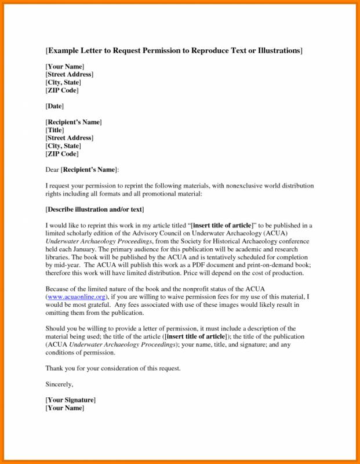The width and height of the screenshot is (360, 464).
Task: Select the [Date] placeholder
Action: pos(54,106)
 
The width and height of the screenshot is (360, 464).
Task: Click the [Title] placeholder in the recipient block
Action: pos(55,130)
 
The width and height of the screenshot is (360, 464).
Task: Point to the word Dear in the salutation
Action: pos(52,170)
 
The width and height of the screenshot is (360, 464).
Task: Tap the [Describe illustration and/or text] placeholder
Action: pos(94,209)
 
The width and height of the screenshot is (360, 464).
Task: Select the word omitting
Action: pos(59,313)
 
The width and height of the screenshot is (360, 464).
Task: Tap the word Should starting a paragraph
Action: pos(56,329)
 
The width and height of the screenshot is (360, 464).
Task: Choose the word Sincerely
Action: pos(59,385)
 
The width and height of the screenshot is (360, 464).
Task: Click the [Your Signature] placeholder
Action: pos(71,400)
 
